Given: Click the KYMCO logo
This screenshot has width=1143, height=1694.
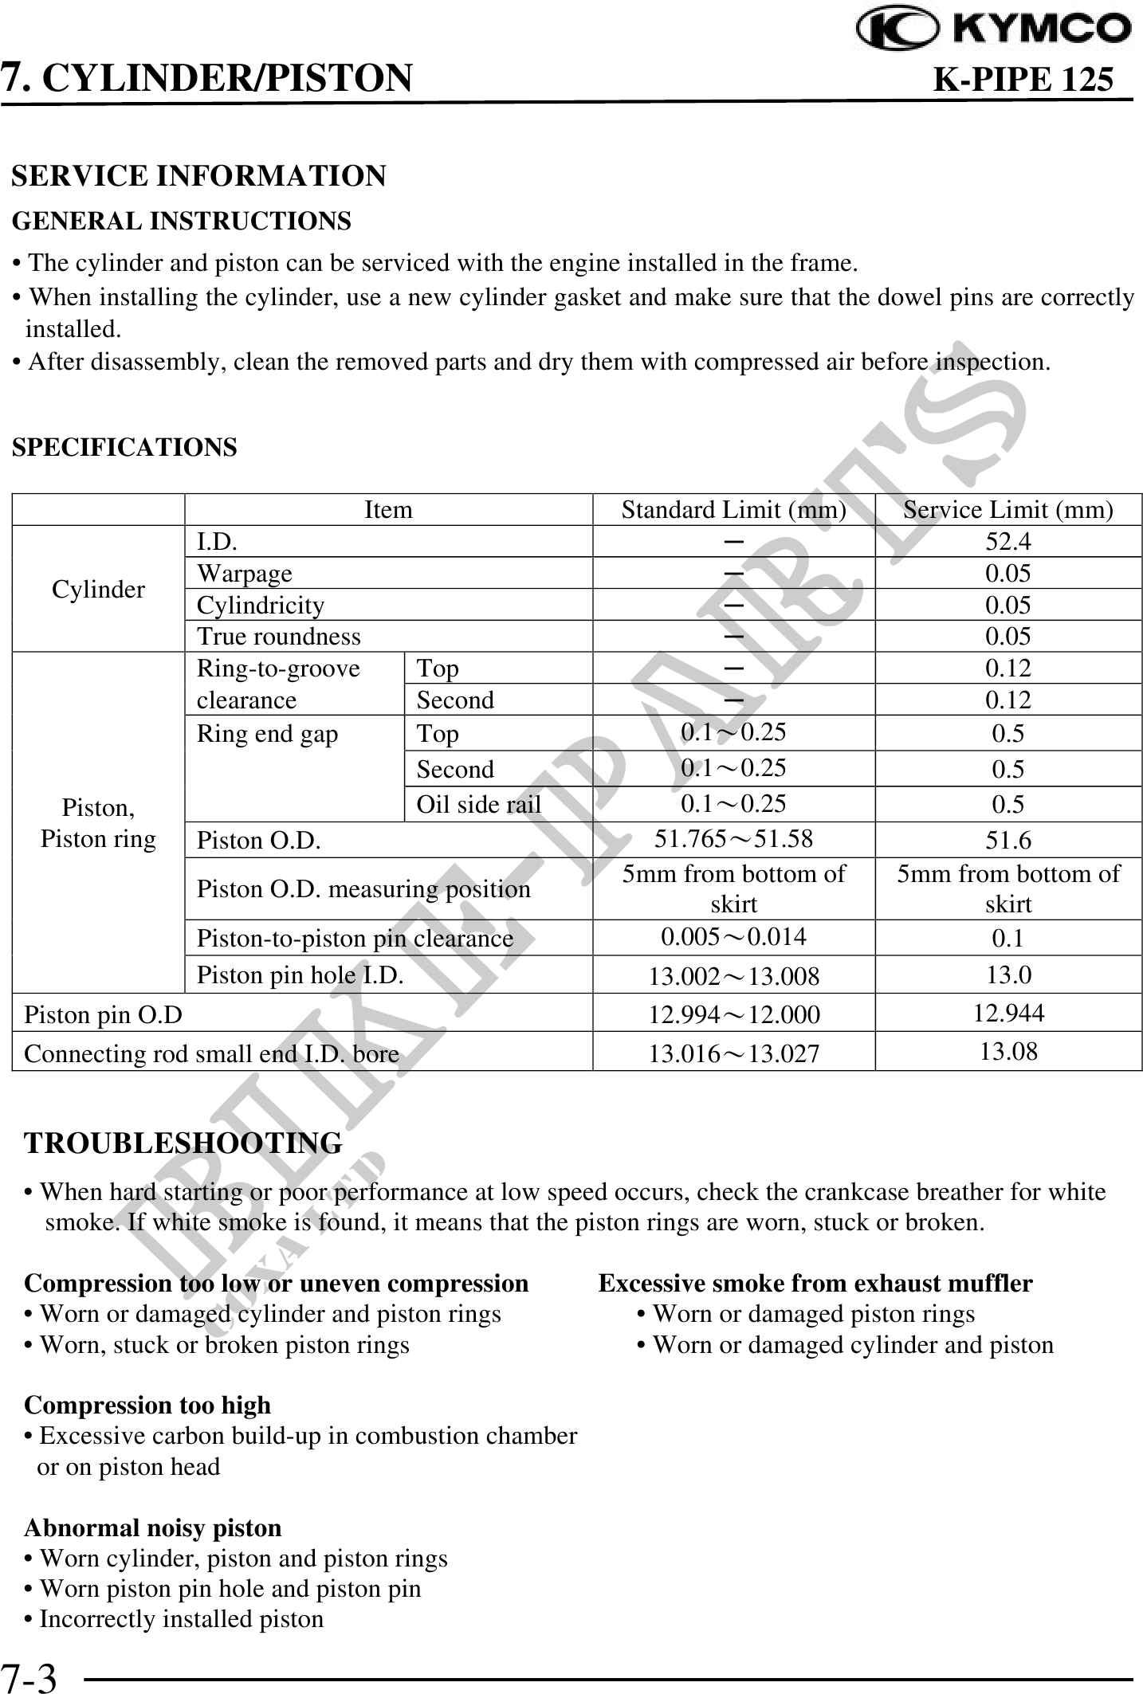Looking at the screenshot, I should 992,29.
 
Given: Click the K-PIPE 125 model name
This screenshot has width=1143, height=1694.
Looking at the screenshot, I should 1023,79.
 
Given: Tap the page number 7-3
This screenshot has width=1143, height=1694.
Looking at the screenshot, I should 29,1677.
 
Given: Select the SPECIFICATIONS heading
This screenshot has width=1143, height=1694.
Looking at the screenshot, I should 124,447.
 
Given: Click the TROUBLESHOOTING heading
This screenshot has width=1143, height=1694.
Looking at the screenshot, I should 183,1143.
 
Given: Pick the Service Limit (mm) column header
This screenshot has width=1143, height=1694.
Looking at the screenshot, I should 1007,509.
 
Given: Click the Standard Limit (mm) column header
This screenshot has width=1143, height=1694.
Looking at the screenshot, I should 733,509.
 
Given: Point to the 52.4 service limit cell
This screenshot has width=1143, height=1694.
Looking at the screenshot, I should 1007,542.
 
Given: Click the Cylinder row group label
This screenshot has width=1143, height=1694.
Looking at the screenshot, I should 98,590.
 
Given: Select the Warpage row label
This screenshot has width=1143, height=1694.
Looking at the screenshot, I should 245,574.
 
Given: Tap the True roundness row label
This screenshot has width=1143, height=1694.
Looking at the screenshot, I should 279,637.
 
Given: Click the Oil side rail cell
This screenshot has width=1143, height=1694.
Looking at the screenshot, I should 478,805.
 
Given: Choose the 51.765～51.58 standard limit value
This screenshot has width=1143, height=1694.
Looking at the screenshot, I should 733,838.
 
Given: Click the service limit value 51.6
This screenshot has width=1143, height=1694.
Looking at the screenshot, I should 1007,840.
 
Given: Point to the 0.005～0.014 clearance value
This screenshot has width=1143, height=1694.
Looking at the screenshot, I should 733,936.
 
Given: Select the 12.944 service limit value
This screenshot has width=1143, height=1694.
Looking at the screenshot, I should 1007,1013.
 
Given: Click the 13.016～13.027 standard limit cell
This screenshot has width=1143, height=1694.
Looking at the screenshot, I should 733,1053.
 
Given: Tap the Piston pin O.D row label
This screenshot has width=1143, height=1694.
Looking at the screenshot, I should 104,1014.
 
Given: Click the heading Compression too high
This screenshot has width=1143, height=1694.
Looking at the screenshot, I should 147,1405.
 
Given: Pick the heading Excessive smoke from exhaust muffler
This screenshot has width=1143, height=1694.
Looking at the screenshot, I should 815,1283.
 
